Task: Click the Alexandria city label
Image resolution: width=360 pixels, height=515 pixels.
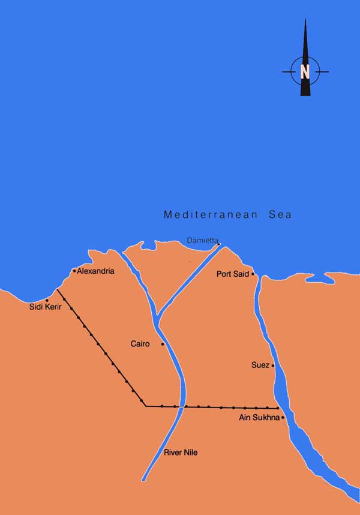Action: click(x=95, y=271)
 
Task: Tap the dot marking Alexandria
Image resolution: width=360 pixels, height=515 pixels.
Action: click(x=74, y=271)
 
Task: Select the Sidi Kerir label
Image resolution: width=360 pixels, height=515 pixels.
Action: click(x=45, y=307)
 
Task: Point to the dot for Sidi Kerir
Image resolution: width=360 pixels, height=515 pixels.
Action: click(x=47, y=300)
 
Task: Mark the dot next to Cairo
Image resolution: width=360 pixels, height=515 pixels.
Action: click(x=163, y=344)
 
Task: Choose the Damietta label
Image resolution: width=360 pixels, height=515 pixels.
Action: click(x=202, y=240)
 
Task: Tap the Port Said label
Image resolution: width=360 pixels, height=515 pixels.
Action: click(x=233, y=274)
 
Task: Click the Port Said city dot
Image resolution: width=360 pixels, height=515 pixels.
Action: click(x=253, y=274)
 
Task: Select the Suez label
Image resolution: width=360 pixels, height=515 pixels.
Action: click(x=260, y=365)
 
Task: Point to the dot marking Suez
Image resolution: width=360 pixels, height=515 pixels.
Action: click(x=273, y=365)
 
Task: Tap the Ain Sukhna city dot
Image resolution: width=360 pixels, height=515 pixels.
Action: click(x=283, y=417)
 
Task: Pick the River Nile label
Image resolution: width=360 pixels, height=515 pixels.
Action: click(x=181, y=452)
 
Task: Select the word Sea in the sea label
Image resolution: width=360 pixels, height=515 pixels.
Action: click(x=280, y=214)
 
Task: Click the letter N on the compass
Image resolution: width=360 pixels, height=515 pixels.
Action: click(x=305, y=72)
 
